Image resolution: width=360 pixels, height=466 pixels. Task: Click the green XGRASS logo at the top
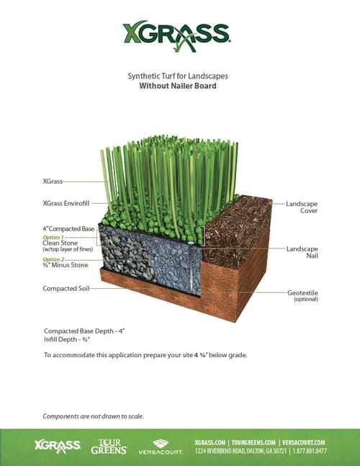[x=176, y=36]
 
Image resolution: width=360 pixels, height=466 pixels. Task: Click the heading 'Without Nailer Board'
[x=178, y=86]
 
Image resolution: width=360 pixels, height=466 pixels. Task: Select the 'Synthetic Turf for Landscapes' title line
[x=178, y=76]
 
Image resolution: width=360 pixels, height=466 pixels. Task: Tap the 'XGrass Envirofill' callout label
[x=66, y=203]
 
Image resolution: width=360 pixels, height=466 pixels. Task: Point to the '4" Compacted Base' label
[x=68, y=229]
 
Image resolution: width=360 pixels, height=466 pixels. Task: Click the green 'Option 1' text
[x=53, y=238]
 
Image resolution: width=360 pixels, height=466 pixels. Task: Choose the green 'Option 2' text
[x=53, y=259]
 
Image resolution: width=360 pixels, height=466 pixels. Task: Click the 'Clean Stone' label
[x=60, y=243]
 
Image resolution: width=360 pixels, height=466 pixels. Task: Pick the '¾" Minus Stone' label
[x=66, y=265]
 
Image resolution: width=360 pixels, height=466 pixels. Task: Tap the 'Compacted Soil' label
[x=66, y=288]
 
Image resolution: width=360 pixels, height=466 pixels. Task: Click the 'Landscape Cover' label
[x=302, y=207]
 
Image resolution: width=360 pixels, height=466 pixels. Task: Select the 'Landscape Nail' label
[x=302, y=252]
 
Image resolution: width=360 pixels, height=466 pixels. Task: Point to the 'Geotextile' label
[x=302, y=292]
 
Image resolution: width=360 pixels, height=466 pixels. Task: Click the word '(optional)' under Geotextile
[x=306, y=300]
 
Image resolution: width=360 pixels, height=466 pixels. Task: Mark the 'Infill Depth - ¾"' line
[x=67, y=339]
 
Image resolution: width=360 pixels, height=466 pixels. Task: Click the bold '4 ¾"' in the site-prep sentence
[x=201, y=355]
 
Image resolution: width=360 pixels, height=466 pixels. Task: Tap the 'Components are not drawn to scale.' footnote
[x=94, y=416]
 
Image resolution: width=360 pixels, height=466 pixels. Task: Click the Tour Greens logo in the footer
[x=109, y=447]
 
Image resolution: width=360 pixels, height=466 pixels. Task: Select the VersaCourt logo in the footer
[x=161, y=447]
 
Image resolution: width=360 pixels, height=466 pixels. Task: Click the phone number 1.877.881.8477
[x=310, y=451]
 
